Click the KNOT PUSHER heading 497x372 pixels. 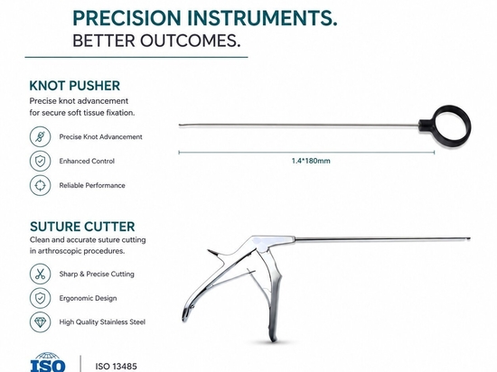pos(74,86)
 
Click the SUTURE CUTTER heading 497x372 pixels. pos(82,227)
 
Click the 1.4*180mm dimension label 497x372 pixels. pos(311,161)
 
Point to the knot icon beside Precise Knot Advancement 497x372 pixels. pos(41,136)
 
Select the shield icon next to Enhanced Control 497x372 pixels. pos(41,161)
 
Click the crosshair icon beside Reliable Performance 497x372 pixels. pos(41,185)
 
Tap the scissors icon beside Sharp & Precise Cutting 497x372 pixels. pos(41,274)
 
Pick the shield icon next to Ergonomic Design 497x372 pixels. pos(41,298)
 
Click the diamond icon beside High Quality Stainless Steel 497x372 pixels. pos(41,322)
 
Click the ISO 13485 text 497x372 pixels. pos(117,367)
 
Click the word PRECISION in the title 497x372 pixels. pos(127,18)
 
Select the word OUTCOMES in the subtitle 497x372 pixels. pos(190,41)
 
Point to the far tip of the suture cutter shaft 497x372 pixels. pos(470,238)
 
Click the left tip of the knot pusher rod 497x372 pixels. pos(180,126)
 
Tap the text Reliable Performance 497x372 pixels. pos(92,185)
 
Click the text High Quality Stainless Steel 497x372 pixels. pos(102,322)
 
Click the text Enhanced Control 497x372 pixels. pos(87,161)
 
